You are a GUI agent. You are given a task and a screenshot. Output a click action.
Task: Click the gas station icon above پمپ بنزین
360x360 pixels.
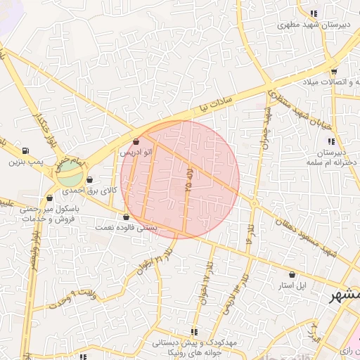point(26,150)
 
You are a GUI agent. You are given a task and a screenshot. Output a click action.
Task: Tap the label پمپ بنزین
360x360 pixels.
point(26,162)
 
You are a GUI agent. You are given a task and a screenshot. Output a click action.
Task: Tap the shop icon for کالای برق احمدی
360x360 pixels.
point(89,180)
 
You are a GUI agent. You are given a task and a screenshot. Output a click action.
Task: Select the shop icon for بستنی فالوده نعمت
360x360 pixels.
point(127,217)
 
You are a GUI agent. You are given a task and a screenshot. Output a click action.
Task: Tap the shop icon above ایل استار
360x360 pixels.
point(292,274)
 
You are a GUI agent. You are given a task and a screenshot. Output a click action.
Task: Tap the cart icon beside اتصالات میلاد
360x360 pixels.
point(333,71)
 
